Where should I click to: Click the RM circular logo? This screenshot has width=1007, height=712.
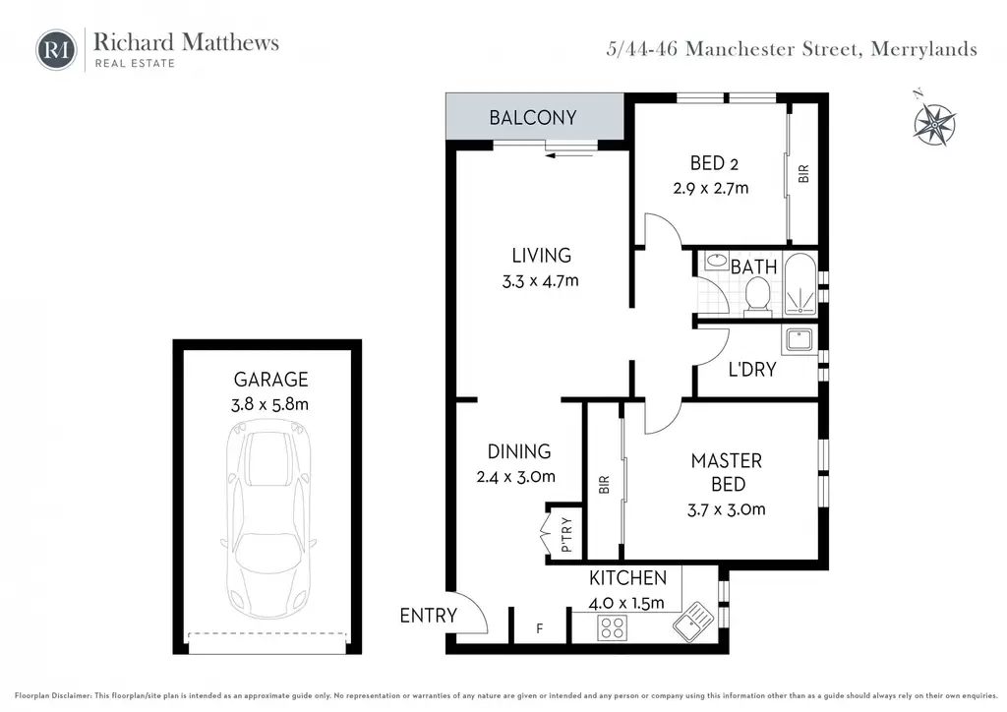point(56,49)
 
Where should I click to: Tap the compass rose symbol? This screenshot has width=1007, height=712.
point(934,121)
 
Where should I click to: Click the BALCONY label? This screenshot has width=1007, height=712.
point(532,117)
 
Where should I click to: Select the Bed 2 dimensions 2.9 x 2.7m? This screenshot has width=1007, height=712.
point(710,188)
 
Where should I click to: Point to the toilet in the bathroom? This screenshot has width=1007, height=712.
point(758,297)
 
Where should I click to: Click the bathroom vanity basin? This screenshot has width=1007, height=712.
point(716,262)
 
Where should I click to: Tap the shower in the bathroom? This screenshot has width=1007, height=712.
point(800,284)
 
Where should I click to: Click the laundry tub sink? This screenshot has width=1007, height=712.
point(799,339)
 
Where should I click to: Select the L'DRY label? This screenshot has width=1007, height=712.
point(752,369)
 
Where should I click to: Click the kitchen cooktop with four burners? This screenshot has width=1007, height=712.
point(612,627)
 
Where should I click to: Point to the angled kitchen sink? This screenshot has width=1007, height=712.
point(693,622)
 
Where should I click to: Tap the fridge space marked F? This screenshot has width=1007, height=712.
point(540,628)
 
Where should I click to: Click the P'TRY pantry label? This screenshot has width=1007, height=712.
point(565,535)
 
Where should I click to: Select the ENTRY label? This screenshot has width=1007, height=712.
point(429,615)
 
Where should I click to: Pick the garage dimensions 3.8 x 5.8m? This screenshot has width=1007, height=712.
point(269,404)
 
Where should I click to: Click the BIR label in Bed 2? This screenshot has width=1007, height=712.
point(803,173)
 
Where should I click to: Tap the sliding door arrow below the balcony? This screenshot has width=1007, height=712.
point(567,154)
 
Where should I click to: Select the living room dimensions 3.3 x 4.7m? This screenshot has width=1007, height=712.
point(540,281)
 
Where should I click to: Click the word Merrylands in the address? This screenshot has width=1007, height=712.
point(923,49)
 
